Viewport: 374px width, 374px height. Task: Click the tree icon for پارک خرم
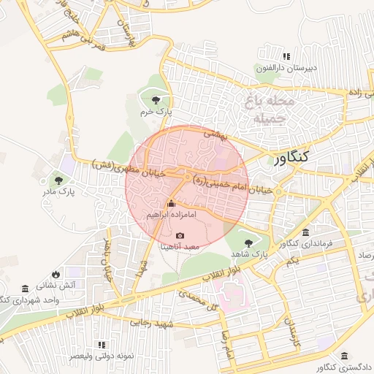tap(154, 100)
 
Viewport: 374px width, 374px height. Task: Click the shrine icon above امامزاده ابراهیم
tap(171, 205)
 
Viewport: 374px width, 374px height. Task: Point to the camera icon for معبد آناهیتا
tap(180, 235)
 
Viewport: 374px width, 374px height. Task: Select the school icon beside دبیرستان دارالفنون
tap(286, 56)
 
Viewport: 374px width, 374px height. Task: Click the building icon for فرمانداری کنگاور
tap(305, 232)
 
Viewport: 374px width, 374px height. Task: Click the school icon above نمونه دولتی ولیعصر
tap(102, 343)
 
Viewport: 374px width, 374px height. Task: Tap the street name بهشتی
tap(216, 134)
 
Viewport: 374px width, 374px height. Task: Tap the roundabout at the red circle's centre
tap(188, 178)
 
